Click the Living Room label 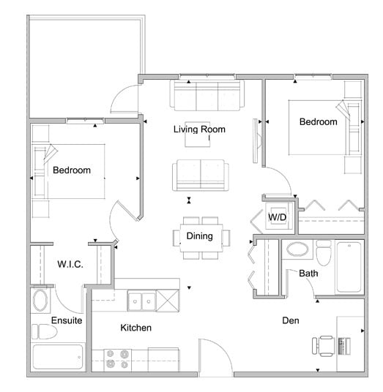(x=198, y=129)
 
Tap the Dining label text (x=199, y=235)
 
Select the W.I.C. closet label (x=70, y=264)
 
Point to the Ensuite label (x=67, y=320)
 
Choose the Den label (x=294, y=320)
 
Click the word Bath (x=308, y=274)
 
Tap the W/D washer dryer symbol (x=277, y=217)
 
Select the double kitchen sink (x=141, y=300)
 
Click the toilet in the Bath (x=323, y=253)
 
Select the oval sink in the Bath (x=297, y=250)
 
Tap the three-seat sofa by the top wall (x=207, y=94)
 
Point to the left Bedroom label (x=72, y=170)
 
